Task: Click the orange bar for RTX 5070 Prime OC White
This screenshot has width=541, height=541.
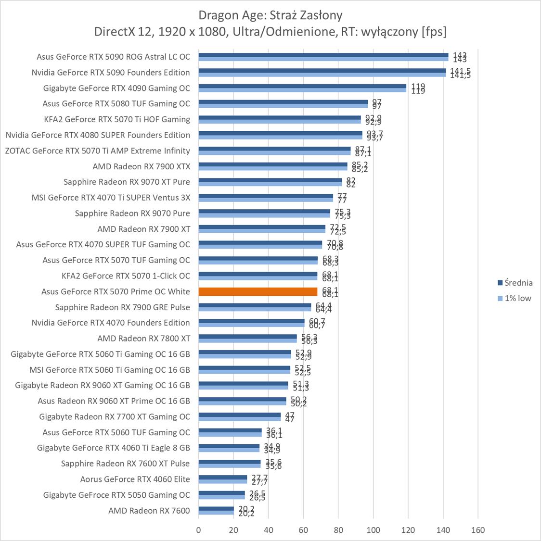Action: pos(258,291)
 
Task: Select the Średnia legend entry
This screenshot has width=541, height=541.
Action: pos(515,283)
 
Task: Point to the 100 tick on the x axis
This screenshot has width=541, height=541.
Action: pos(373,530)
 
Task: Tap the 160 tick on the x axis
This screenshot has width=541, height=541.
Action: pos(478,530)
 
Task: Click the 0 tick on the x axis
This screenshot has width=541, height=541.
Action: pos(198,530)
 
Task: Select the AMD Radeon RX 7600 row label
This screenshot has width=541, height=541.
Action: pos(149,511)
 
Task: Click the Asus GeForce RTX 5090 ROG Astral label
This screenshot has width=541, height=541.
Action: pos(113,57)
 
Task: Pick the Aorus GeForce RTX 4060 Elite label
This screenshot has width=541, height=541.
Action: pos(135,479)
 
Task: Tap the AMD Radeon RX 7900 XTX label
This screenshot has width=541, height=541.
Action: pos(142,166)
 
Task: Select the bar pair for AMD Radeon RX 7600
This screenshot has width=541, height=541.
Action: pos(216,511)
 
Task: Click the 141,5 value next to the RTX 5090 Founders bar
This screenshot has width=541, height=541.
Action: pos(460,73)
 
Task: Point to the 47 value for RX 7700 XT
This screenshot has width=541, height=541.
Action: pos(290,417)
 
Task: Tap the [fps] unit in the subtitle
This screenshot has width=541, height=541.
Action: pos(434,32)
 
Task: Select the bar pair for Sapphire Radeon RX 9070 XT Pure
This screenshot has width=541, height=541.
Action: pos(270,182)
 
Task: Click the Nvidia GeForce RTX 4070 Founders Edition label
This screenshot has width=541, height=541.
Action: pos(111,323)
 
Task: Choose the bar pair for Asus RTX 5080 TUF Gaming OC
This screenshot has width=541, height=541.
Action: pos(283,104)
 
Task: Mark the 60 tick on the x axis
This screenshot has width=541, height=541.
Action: pos(303,530)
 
